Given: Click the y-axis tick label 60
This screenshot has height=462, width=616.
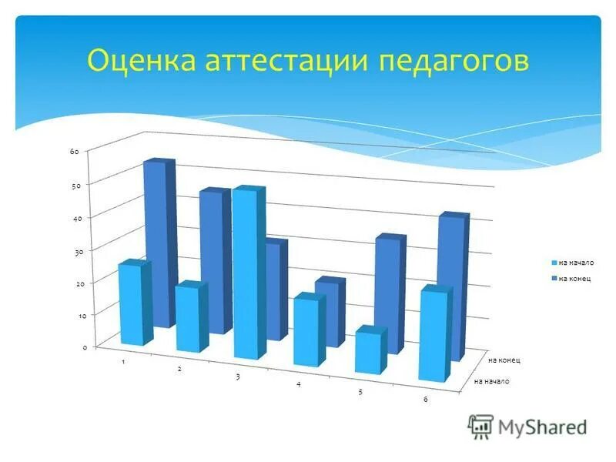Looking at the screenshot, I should pyautogui.click(x=75, y=152).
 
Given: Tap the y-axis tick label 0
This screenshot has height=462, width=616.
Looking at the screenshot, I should pyautogui.click(x=85, y=348).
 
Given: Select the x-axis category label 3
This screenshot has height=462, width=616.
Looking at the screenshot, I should pyautogui.click(x=238, y=377).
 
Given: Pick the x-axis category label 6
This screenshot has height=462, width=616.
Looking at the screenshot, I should pyautogui.click(x=425, y=398).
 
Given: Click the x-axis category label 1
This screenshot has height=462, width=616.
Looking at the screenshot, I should pyautogui.click(x=124, y=362).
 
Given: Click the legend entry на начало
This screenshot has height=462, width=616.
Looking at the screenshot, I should pyautogui.click(x=571, y=263).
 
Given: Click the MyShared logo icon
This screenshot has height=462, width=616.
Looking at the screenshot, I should pyautogui.click(x=480, y=426).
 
